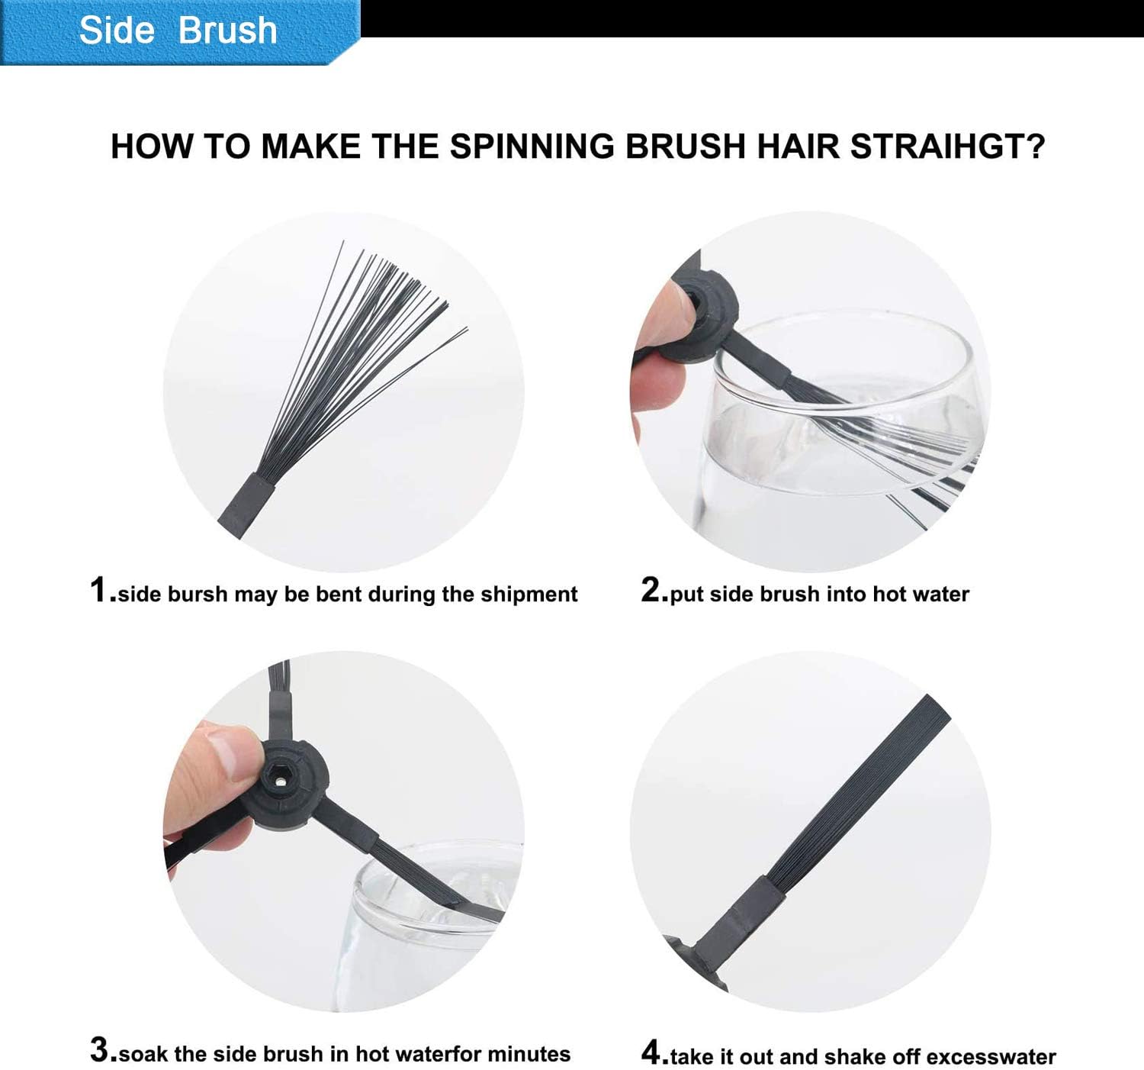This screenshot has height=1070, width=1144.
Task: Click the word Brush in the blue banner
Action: tap(227, 30)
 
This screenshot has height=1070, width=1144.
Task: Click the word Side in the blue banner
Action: tap(117, 30)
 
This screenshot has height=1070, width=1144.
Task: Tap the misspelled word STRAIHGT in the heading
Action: tap(947, 147)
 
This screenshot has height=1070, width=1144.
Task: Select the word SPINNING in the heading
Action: tap(532, 147)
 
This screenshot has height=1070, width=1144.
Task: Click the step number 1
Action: tap(100, 590)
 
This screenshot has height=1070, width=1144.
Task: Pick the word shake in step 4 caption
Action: tap(887, 1057)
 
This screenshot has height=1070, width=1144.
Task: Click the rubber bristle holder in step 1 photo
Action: tap(245, 505)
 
